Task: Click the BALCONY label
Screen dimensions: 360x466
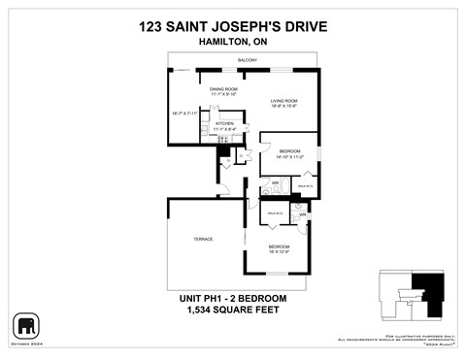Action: pos(247,61)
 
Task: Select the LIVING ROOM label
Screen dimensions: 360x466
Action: pos(283,101)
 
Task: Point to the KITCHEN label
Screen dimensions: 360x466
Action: pos(225,123)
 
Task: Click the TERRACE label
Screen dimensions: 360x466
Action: pos(202,239)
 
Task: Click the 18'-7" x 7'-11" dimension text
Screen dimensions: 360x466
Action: pos(184,114)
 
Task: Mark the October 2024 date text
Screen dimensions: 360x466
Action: pos(26,342)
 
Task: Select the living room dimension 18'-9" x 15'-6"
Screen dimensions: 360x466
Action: pos(283,107)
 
